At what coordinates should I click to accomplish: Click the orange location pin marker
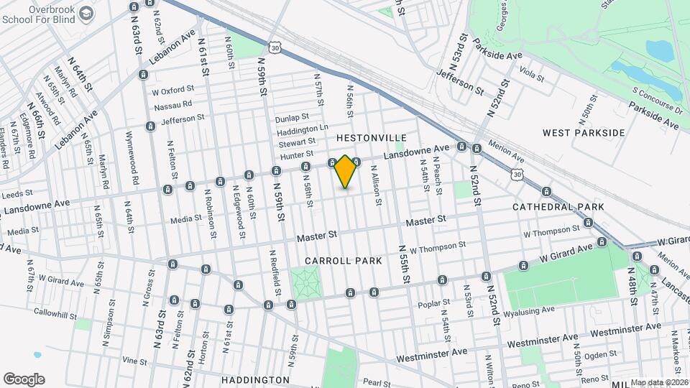(346, 172)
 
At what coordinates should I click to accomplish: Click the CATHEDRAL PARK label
(558, 207)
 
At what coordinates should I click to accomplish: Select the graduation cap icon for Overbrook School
(86, 14)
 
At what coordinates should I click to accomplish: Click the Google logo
(24, 379)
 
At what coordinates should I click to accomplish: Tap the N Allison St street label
(375, 185)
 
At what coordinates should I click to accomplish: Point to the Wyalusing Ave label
(529, 310)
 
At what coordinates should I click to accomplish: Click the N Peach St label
(437, 175)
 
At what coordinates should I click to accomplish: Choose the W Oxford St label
(172, 91)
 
